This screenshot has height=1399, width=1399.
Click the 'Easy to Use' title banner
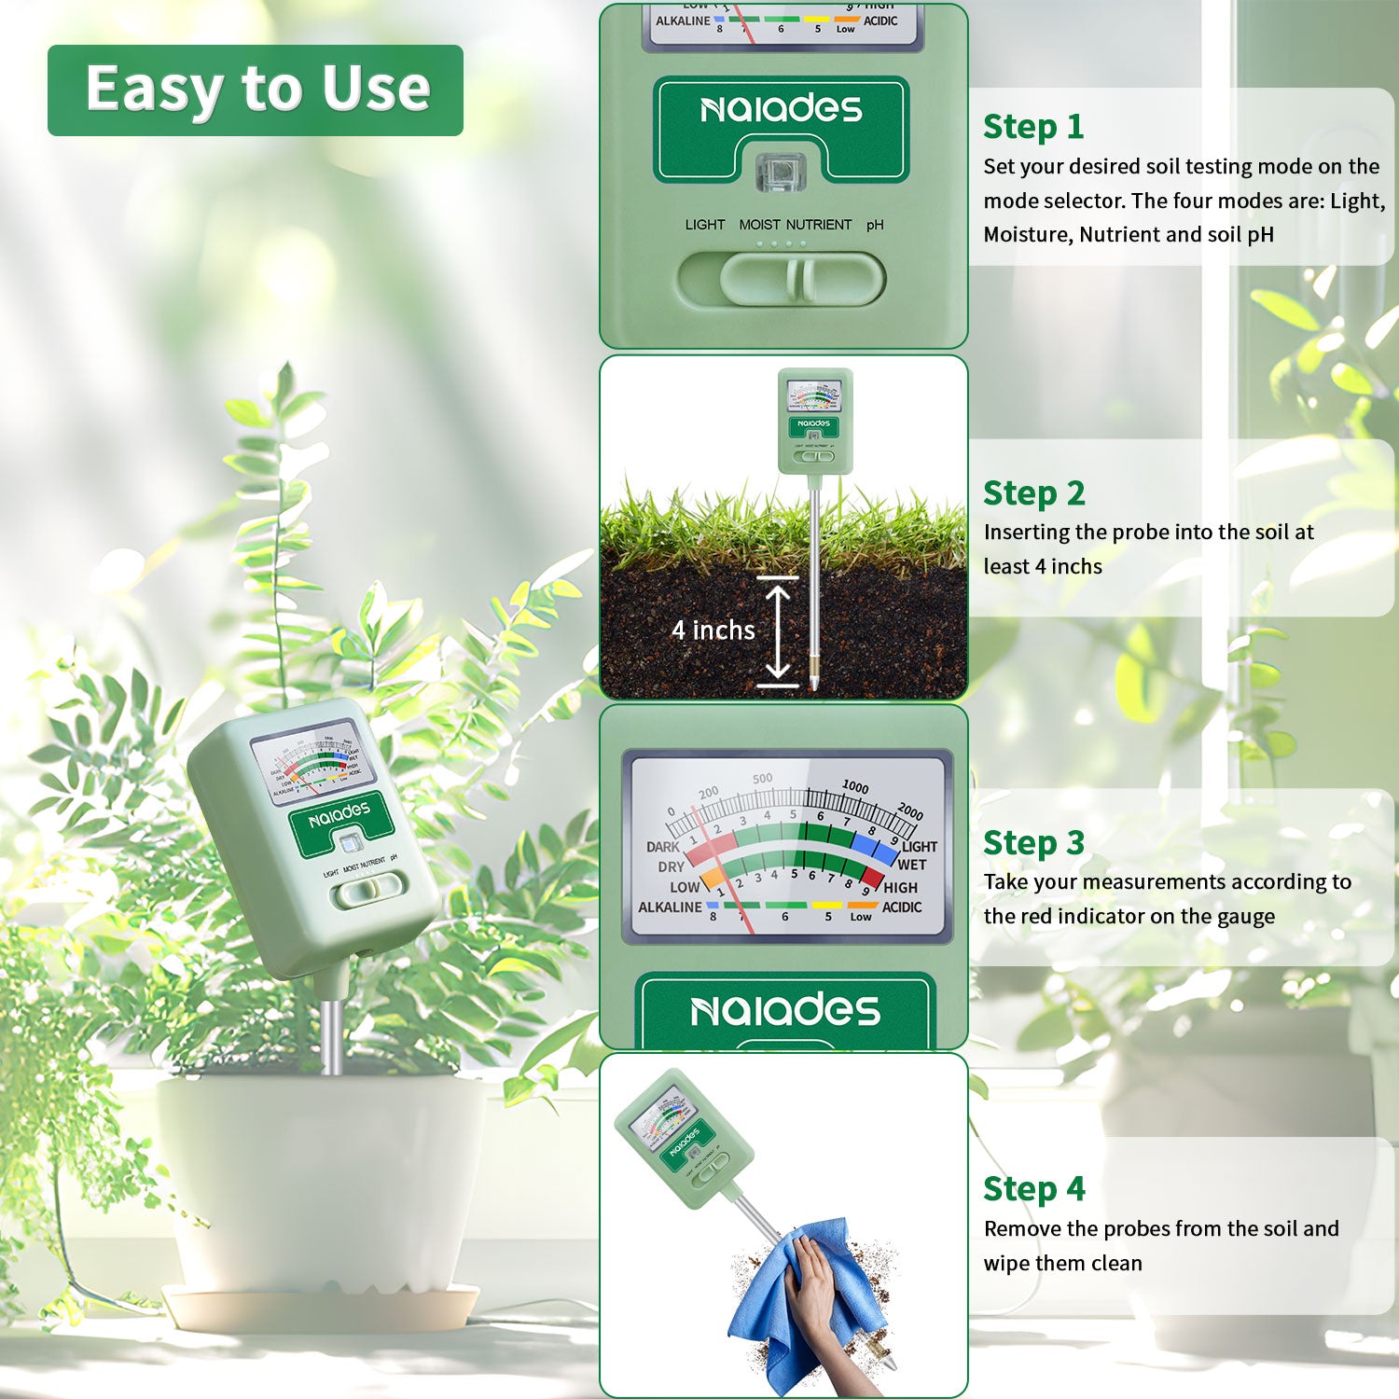(256, 90)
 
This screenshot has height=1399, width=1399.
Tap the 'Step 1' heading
(1033, 126)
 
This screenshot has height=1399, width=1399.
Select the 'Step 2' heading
(1033, 492)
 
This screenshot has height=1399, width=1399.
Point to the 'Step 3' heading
(1033, 842)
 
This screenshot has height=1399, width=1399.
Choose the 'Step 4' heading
(1033, 1189)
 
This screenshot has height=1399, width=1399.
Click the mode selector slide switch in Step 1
(782, 279)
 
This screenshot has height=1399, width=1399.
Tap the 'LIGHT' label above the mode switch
(704, 225)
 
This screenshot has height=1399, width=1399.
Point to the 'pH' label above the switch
(875, 225)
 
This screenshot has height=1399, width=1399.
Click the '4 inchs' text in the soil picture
(713, 630)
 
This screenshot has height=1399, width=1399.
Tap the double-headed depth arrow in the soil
(778, 631)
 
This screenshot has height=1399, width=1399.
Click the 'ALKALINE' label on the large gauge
(669, 907)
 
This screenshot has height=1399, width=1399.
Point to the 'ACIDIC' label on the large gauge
(901, 907)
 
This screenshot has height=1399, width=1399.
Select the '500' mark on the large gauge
(762, 778)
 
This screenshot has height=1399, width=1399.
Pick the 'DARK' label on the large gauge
(662, 847)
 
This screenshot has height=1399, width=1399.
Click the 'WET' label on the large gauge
(911, 865)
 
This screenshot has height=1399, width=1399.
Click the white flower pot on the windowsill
(322, 1184)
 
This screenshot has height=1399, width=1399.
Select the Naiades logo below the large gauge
(784, 1010)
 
